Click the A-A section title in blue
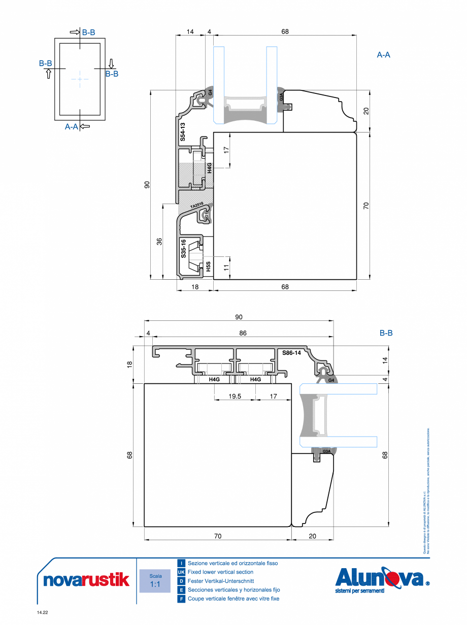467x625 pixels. tap(383, 55)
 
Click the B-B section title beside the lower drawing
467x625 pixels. tap(386, 334)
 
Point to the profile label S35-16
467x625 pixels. tap(183, 249)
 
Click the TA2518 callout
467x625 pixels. tap(197, 206)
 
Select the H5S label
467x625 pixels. tap(208, 267)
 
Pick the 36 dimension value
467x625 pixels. tap(159, 242)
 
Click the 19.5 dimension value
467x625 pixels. tap(235, 396)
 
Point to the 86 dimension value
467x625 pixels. tap(243, 333)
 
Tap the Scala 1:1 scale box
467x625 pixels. tap(155, 580)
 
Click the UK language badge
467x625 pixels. tap(181, 572)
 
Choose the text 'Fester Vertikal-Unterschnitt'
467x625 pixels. tap(221, 581)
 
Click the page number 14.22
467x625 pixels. tap(42, 613)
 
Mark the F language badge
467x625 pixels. tap(181, 599)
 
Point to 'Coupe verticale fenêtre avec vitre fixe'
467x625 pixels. tap(233, 599)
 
